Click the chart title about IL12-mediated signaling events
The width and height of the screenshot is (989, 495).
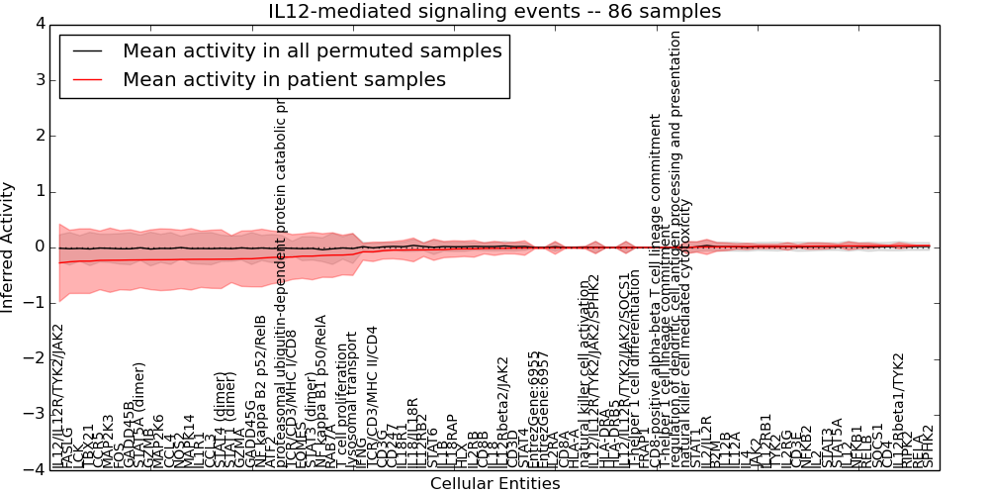pos(494,12)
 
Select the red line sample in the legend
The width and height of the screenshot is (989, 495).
pos(87,79)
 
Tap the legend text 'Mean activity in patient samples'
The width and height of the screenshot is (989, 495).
pos(284,79)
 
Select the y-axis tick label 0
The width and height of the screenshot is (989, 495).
pos(41,247)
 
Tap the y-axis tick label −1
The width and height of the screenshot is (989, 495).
pos(37,303)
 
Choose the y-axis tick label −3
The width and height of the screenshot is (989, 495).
pos(37,415)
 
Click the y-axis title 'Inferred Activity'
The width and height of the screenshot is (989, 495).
pos(9,247)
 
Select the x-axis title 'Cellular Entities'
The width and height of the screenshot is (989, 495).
pos(494,484)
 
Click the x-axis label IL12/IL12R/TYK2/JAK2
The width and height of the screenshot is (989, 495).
pos(58,396)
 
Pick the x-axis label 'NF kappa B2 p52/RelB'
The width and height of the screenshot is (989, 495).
pos(261,391)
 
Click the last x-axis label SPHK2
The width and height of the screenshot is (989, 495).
pos(928,446)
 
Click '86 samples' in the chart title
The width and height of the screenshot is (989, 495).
pos(658,12)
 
